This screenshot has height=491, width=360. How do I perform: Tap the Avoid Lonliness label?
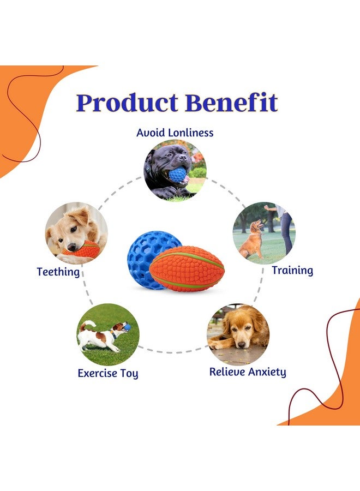pyautogui.click(x=175, y=133)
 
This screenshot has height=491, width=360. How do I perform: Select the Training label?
pyautogui.click(x=292, y=270)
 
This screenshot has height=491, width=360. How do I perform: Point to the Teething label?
pyautogui.click(x=58, y=271)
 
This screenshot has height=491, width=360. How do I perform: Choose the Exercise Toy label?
pyautogui.click(x=107, y=374)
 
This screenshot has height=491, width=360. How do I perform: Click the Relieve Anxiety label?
pyautogui.click(x=248, y=372)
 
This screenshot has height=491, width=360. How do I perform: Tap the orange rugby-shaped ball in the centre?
pyautogui.click(x=187, y=268)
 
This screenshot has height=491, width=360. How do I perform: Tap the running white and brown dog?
pyautogui.click(x=104, y=334)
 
